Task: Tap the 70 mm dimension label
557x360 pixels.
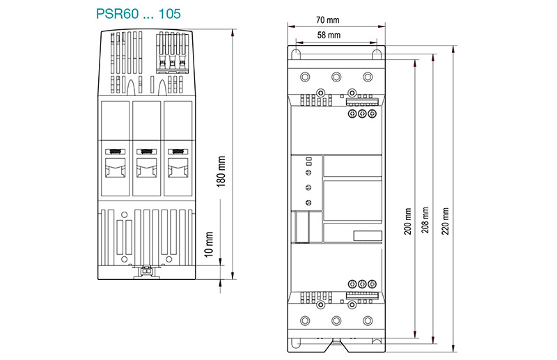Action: pos(338,20)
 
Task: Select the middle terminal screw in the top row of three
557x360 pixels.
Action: pos(336,76)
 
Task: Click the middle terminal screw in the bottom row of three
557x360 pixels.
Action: pos(336,320)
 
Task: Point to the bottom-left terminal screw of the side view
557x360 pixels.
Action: pos(304,320)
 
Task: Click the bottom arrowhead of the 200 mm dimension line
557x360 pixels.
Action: pos(416,333)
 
